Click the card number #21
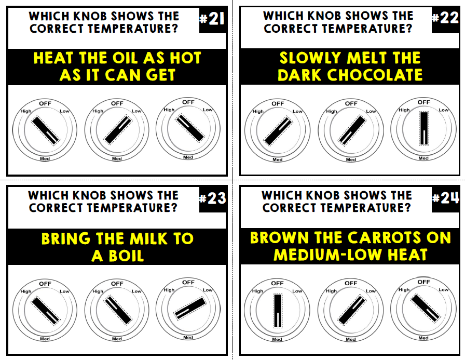click(x=212, y=20)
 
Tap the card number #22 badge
click(x=445, y=18)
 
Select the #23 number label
click(x=213, y=199)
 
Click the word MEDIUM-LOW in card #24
click(x=326, y=255)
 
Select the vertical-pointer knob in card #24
click(x=277, y=311)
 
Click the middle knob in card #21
click(x=117, y=129)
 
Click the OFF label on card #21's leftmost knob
click(x=45, y=103)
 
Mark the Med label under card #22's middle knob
click(x=351, y=159)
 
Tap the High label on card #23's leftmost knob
click(x=26, y=291)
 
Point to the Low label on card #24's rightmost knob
click(x=443, y=290)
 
